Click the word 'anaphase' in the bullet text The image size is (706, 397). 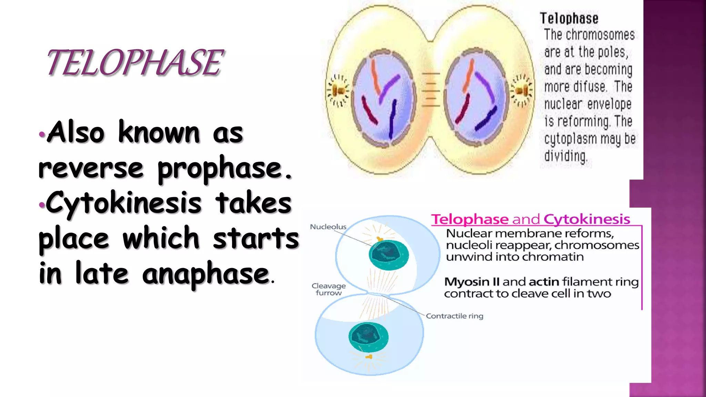click(205, 274)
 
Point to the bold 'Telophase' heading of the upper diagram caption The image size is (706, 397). click(569, 19)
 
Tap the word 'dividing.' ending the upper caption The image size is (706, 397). click(565, 156)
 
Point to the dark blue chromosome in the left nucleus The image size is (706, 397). click(392, 119)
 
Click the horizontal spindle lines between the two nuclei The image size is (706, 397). click(431, 90)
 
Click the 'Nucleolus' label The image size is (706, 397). click(328, 227)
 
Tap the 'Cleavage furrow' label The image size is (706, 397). click(329, 289)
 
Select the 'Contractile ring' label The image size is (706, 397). click(454, 316)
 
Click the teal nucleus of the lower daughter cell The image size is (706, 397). click(368, 337)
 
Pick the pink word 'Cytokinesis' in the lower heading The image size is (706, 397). click(587, 219)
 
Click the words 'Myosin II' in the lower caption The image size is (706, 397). click(472, 282)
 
